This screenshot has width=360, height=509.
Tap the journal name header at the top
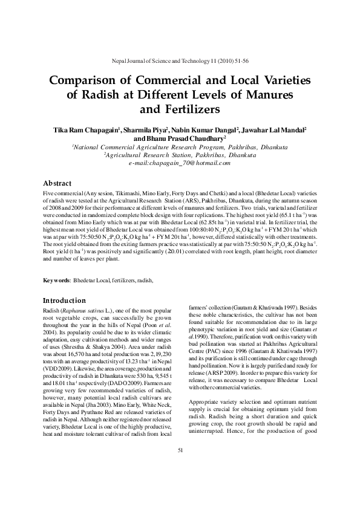tap(180, 62)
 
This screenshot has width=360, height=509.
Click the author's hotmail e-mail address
tap(180, 163)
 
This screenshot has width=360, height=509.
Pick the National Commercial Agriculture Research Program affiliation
tap(180, 146)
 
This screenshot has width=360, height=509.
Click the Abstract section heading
tap(57, 183)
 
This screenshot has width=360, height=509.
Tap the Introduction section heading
tap(65, 300)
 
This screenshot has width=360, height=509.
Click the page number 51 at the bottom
tap(180, 467)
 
